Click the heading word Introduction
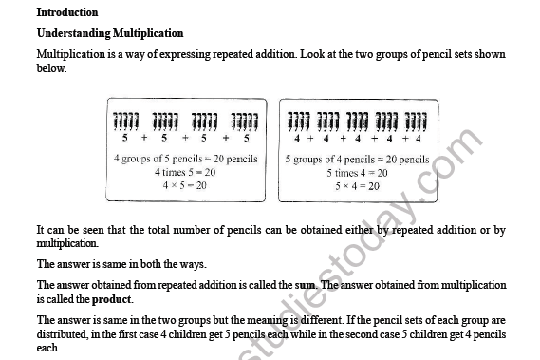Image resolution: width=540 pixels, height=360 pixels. (66, 12)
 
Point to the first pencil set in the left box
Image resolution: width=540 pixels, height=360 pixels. (125, 121)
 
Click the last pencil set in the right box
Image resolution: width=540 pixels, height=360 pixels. (416, 121)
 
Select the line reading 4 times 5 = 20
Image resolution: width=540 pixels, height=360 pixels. (185, 173)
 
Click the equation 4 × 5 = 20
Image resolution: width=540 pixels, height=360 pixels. (185, 185)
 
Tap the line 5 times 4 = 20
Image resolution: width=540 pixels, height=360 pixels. (357, 173)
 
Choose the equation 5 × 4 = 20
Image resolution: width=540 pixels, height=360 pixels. (357, 186)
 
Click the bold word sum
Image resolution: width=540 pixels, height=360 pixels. (305, 284)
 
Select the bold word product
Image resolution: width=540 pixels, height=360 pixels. (111, 297)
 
